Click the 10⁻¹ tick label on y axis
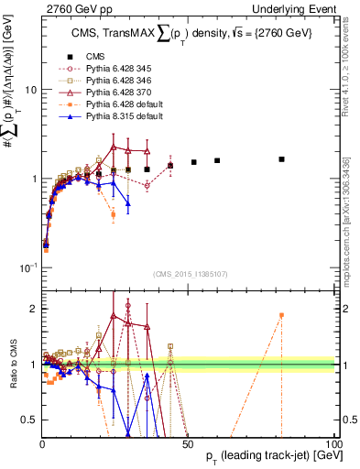tap(27, 267)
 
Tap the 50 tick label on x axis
tap(188, 443)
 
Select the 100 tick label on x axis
tap(333, 443)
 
